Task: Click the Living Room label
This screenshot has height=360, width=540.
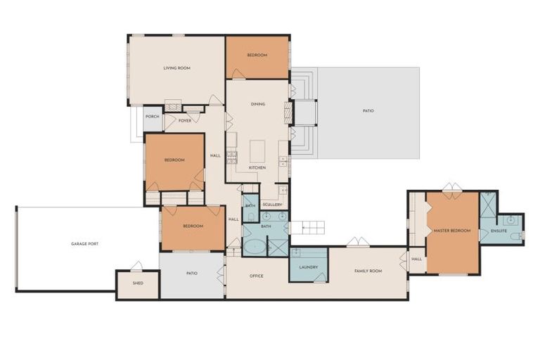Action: click(x=176, y=68)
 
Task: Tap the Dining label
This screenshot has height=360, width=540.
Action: click(x=258, y=104)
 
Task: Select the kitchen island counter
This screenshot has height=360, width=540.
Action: click(x=257, y=151)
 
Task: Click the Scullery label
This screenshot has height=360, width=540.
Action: click(x=272, y=205)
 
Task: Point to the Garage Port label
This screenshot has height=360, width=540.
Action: click(x=84, y=244)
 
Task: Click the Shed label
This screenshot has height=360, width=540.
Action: click(x=138, y=283)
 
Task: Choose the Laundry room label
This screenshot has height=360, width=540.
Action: click(x=308, y=267)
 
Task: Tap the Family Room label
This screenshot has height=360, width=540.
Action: click(x=368, y=271)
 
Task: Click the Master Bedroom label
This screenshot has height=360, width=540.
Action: click(x=452, y=231)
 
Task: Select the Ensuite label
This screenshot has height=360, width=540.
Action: click(x=499, y=231)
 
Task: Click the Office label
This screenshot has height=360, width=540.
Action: click(x=256, y=276)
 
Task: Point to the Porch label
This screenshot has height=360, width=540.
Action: click(x=152, y=117)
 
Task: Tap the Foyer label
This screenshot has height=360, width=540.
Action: click(x=185, y=121)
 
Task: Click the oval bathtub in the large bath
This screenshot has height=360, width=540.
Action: click(x=255, y=247)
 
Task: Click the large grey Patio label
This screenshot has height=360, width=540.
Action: click(x=368, y=111)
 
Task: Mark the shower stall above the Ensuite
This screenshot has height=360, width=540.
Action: click(x=488, y=205)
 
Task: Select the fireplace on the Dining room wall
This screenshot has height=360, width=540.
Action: click(x=288, y=113)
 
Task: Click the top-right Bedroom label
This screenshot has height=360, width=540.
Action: click(x=257, y=55)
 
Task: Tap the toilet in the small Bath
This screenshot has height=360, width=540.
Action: click(x=251, y=217)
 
